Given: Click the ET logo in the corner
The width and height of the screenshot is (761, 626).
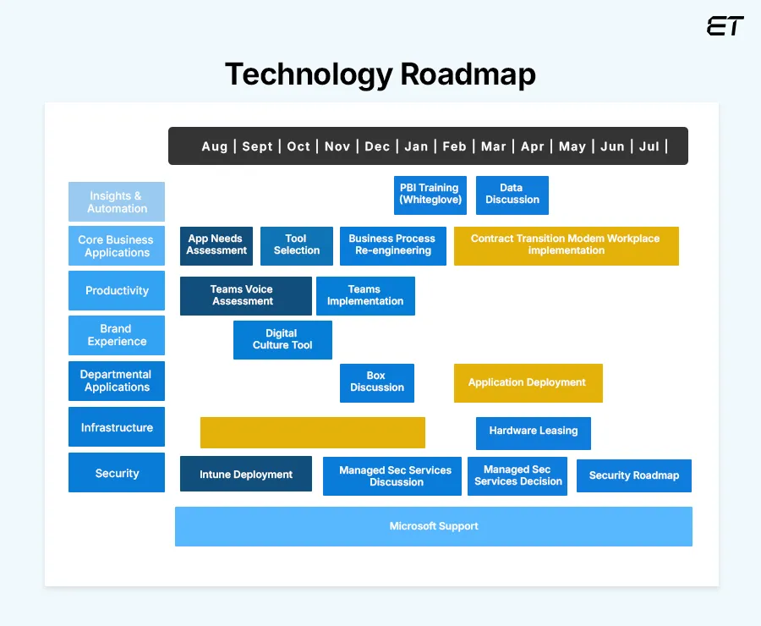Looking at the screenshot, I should coord(725,26).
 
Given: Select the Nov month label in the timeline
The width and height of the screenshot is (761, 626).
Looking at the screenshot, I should coord(337,146).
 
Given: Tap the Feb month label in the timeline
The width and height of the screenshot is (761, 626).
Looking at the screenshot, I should coord(454,146).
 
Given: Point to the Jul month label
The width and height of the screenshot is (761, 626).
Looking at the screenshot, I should coord(649,146).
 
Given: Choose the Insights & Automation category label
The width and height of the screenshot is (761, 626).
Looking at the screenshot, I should coord(117,201).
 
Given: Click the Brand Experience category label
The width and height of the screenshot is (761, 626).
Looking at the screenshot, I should coord(117,335).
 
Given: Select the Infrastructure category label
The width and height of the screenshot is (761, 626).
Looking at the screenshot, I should coord(117,427).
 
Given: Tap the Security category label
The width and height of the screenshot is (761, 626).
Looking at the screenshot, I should coord(117,473).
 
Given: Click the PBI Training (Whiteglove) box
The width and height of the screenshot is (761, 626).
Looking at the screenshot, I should coord(430,195).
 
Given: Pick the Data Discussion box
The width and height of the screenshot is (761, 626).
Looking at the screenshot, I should coord(512,195).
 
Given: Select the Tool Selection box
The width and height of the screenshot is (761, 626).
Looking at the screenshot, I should coord(296,245).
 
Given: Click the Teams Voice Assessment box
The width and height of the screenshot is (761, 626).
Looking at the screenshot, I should coord(245,295).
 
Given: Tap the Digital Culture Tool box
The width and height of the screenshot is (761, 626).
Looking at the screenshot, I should coord(282,339).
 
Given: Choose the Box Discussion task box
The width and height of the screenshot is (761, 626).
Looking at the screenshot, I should coord(376,382).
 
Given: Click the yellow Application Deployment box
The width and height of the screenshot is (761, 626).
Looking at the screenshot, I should coord(528,382).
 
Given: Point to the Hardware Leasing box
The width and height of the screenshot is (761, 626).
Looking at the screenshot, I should coord(533,432).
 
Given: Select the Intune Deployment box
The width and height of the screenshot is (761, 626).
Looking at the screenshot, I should coord(245,474).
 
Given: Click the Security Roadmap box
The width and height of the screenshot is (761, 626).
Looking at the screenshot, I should coord(633,475).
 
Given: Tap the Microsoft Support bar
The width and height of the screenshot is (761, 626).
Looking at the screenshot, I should coord(433,526).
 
